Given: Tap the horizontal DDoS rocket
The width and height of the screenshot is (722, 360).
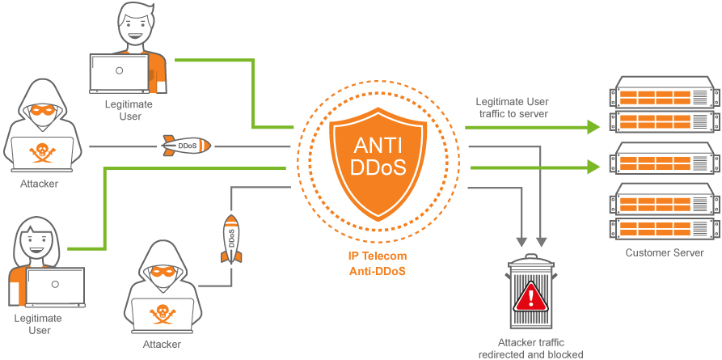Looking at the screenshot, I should pyautogui.click(x=186, y=146).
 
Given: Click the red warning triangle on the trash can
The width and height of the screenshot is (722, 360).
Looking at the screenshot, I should pyautogui.click(x=530, y=299).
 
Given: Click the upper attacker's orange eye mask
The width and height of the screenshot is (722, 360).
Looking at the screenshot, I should pyautogui.click(x=40, y=108).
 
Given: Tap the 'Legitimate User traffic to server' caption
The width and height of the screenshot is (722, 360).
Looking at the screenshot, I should pyautogui.click(x=512, y=108).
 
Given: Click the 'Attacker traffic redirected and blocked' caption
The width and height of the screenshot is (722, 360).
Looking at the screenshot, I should pyautogui.click(x=530, y=349).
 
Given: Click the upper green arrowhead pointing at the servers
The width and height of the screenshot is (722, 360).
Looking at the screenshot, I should pyautogui.click(x=594, y=127).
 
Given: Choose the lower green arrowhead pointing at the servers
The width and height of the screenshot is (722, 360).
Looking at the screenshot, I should pyautogui.click(x=594, y=167).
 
